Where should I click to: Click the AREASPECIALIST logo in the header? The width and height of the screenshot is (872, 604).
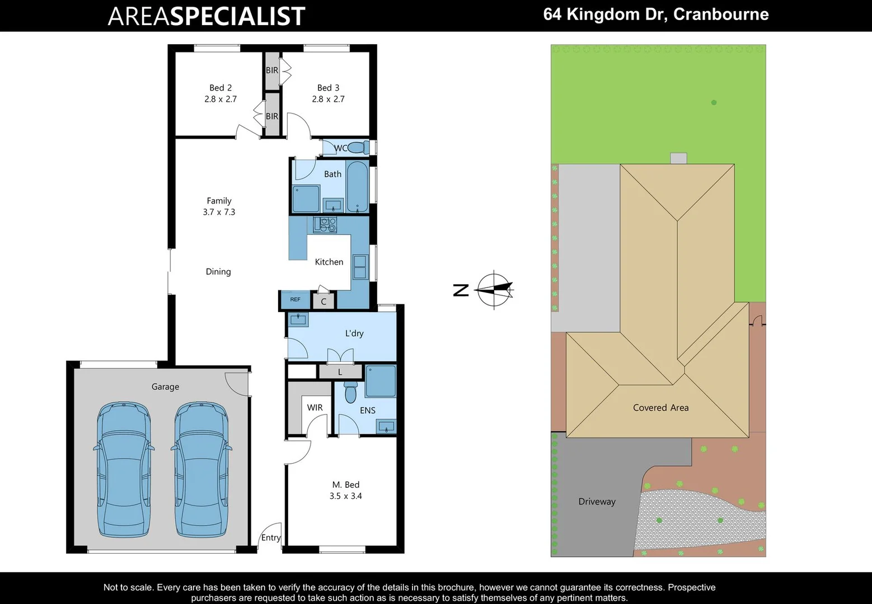(x=206, y=16)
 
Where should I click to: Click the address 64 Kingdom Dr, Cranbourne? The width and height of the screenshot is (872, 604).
(x=655, y=15)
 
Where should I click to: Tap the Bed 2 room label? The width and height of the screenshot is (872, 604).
(x=221, y=88)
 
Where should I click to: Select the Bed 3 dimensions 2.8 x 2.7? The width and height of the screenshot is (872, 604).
(x=328, y=99)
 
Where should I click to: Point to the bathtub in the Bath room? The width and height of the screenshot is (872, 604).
(x=357, y=187)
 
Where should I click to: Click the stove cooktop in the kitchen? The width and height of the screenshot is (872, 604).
(x=325, y=225)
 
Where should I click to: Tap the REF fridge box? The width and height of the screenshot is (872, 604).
(x=295, y=300)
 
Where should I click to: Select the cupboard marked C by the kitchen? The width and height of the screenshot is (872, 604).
(x=324, y=301)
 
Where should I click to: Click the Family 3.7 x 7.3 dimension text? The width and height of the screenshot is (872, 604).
(x=219, y=212)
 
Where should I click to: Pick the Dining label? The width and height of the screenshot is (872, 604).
(x=218, y=272)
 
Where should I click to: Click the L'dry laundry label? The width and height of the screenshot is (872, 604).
(x=354, y=333)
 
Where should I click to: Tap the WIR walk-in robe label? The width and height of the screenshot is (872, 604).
(x=315, y=408)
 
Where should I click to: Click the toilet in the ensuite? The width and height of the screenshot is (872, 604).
(x=351, y=393)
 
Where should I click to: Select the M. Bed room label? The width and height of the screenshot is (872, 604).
(x=345, y=485)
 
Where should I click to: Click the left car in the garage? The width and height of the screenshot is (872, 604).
(x=124, y=470)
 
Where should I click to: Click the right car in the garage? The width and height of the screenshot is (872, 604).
(x=201, y=470)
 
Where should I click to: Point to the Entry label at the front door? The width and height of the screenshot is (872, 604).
(x=271, y=537)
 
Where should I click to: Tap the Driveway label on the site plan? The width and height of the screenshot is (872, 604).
(x=597, y=502)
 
